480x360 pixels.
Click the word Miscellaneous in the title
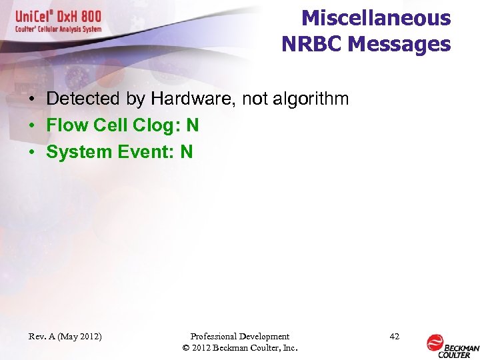pyautogui.click(x=376, y=18)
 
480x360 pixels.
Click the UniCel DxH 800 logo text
pyautogui.click(x=57, y=17)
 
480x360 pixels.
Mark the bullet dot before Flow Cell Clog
pyautogui.click(x=31, y=126)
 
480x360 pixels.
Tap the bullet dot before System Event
pyautogui.click(x=31, y=153)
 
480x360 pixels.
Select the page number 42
pyautogui.click(x=394, y=337)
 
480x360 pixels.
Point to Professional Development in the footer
pyautogui.click(x=239, y=337)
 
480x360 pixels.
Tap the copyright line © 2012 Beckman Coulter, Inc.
pyautogui.click(x=239, y=348)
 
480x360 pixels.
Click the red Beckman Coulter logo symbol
pyautogui.click(x=435, y=343)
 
